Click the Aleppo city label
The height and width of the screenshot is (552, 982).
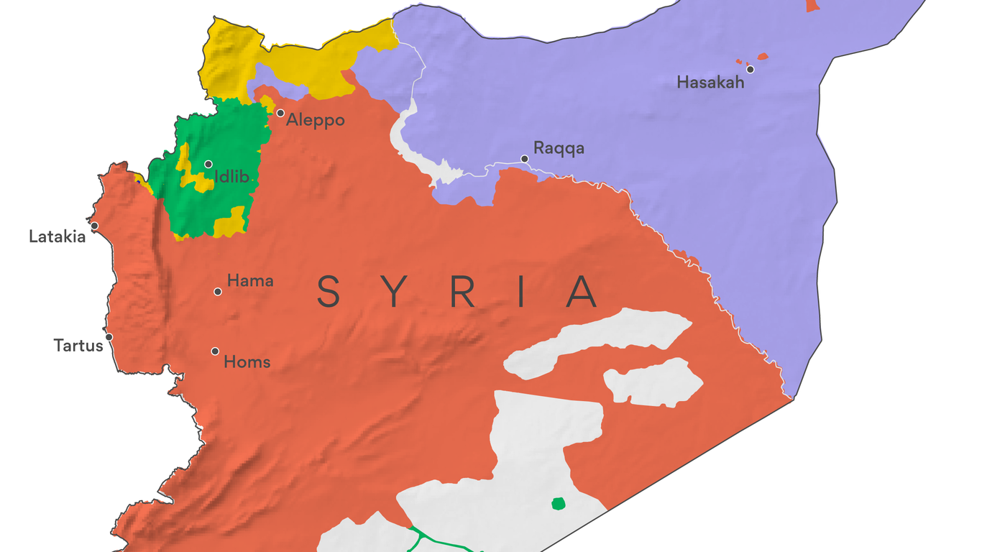315,120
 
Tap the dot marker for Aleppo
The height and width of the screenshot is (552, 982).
280,113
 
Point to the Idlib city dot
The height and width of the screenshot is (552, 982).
208,164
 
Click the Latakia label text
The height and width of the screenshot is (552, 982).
57,236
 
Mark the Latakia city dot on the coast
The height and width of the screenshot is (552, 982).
94,226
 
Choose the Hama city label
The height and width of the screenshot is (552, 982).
250,281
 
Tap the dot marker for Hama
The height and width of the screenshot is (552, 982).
217,291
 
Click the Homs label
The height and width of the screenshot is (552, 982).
247,362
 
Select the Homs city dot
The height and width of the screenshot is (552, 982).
215,351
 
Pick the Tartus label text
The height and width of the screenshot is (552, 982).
78,346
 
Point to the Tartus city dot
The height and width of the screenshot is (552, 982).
109,336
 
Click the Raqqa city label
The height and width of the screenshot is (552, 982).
559,149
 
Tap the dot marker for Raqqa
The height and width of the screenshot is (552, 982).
525,159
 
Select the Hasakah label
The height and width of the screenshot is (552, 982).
710,83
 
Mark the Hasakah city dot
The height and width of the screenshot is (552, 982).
750,69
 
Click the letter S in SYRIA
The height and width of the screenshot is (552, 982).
329,292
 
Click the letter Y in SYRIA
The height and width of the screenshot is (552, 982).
395,292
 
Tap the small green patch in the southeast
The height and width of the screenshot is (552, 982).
558,503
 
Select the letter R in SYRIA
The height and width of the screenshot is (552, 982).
462,292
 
